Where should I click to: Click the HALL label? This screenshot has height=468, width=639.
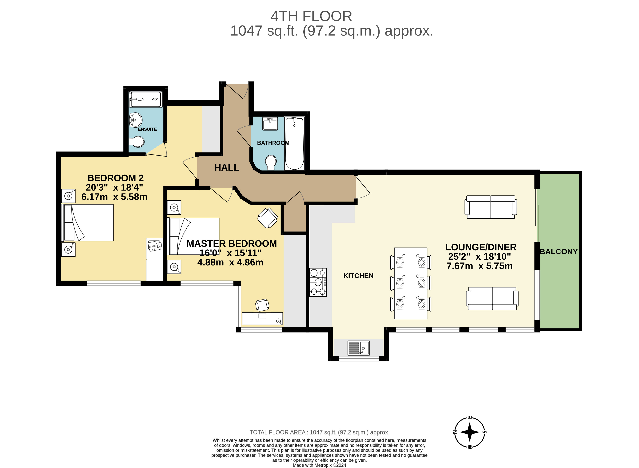226,168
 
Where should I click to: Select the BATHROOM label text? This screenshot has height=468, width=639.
273,143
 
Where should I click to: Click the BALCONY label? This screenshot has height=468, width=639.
558,252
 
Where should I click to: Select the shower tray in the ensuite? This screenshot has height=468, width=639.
146,99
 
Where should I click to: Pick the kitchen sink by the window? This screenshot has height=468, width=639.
358,348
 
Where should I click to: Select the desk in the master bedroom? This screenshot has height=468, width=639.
262,318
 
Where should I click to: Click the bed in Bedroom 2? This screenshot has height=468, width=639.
87,223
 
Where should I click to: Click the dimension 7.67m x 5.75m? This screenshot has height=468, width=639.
479,266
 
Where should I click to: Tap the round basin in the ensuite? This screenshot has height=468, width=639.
135,120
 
